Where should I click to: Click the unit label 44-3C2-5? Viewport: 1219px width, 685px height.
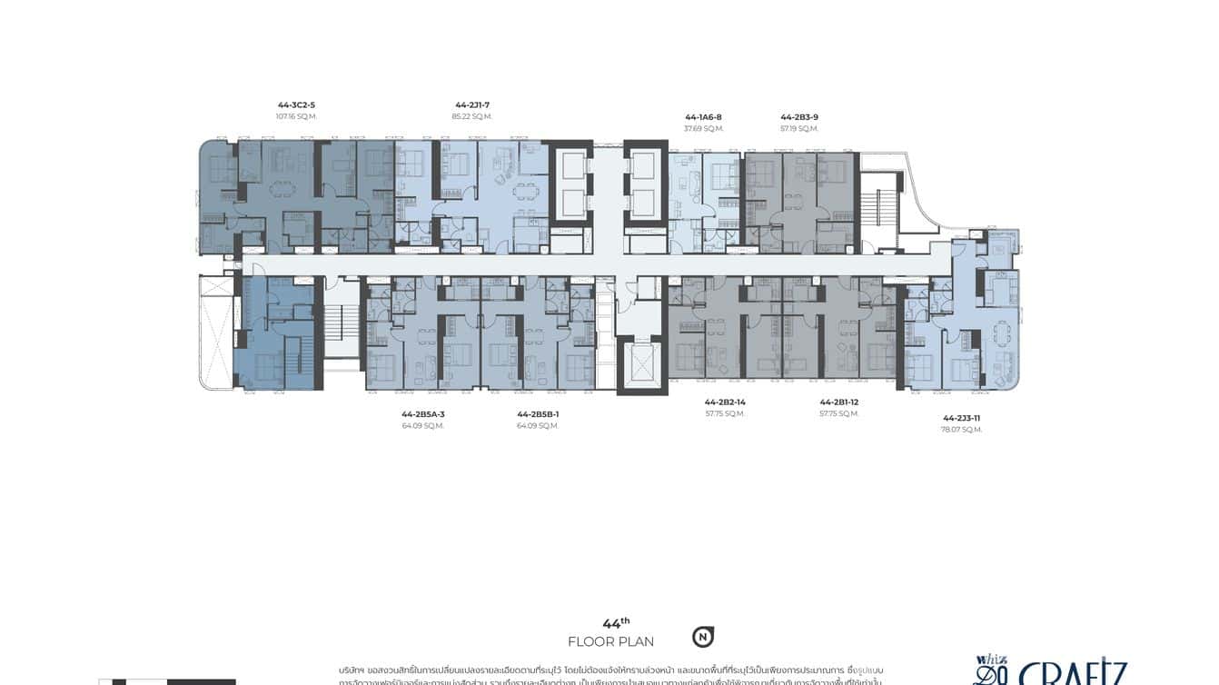296,105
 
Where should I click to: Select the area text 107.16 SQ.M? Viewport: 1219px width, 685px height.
296,117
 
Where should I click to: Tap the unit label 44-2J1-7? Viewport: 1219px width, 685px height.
471,105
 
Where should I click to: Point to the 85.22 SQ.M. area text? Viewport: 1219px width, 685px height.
471,117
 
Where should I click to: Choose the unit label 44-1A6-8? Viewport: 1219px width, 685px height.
703,117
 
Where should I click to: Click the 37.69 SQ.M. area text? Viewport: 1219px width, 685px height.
703,129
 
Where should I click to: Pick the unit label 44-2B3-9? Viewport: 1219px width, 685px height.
799,117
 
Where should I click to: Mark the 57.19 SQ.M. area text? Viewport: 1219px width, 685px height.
799,129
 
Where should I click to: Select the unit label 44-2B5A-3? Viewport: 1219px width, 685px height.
423,414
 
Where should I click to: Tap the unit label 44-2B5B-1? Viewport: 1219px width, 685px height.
538,414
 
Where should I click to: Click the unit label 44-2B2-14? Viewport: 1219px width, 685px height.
725,402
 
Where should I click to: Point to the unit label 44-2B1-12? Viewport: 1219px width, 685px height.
838,402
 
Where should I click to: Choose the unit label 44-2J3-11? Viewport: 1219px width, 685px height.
961,418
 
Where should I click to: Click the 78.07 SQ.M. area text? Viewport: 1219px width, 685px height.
961,430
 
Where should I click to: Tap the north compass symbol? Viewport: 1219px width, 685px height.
702,637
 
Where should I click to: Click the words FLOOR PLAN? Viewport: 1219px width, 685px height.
610,642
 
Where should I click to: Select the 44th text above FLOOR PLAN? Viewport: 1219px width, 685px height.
616,623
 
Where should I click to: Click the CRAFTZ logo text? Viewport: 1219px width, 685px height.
1072,674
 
